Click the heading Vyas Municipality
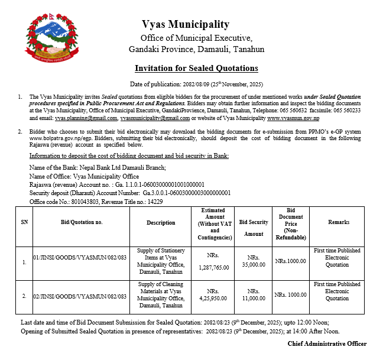tap(185, 24)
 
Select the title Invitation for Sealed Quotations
tap(196, 69)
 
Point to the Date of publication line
tap(196, 84)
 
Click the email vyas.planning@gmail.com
tap(86, 118)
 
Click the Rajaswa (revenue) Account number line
tap(116, 184)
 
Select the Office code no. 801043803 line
tap(96, 202)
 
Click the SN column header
tap(24, 223)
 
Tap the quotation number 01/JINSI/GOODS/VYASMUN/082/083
tap(80, 258)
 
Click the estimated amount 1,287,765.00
tap(213, 267)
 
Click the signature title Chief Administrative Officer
tap(327, 343)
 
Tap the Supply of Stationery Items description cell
tap(161, 258)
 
